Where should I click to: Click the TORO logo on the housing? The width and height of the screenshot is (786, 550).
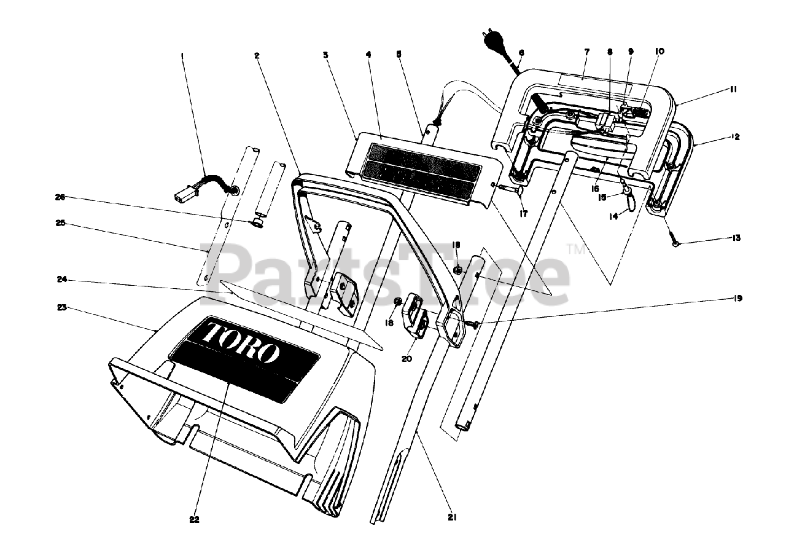pyautogui.click(x=241, y=342)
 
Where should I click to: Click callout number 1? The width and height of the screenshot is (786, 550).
pyautogui.click(x=182, y=55)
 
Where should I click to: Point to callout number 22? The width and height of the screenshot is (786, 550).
pyautogui.click(x=195, y=519)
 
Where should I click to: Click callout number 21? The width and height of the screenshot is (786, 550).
pyautogui.click(x=452, y=517)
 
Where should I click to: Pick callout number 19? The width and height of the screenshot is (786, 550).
pyautogui.click(x=737, y=299)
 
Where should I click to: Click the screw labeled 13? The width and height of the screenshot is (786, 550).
pyautogui.click(x=674, y=243)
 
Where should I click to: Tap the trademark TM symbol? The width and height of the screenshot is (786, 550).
pyautogui.click(x=576, y=249)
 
